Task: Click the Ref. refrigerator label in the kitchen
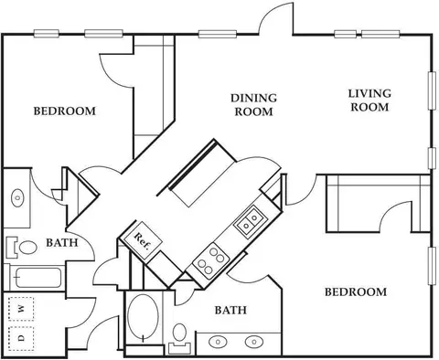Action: [x=143, y=241]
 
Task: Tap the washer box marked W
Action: [x=21, y=309]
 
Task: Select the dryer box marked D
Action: [x=21, y=338]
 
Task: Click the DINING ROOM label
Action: [x=253, y=105]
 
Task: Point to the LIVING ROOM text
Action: [x=369, y=101]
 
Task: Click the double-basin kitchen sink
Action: [x=250, y=221]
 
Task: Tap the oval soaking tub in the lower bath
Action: [x=143, y=317]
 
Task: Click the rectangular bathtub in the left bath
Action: [x=37, y=278]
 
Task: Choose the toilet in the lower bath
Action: [x=180, y=337]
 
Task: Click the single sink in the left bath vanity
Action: [x=17, y=198]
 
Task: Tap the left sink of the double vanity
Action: [x=218, y=342]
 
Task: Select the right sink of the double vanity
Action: [x=254, y=342]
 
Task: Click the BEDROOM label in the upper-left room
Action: [x=65, y=111]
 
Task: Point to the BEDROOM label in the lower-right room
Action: [x=356, y=292]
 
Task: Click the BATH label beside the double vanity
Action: [x=230, y=310]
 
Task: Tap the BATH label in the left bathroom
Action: [x=62, y=243]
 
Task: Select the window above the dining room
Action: [x=218, y=34]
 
